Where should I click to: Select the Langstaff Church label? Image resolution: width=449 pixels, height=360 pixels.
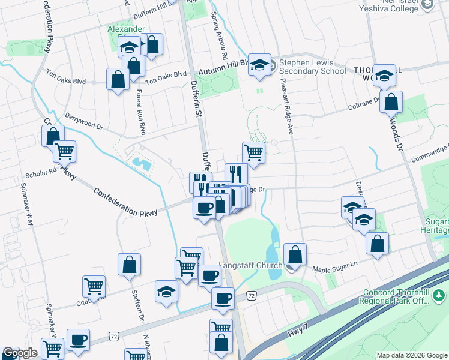pos(250,266)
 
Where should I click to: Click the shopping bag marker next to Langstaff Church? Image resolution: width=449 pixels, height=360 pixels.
pos(295,254)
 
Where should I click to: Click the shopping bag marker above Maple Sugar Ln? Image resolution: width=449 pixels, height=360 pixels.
pos(377,243)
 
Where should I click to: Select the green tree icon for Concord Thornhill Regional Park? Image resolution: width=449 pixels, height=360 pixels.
pos(439,295)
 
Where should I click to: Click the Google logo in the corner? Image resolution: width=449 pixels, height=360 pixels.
pos(20,353)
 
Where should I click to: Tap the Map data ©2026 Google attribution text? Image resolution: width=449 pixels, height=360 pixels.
pos(412,355)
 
